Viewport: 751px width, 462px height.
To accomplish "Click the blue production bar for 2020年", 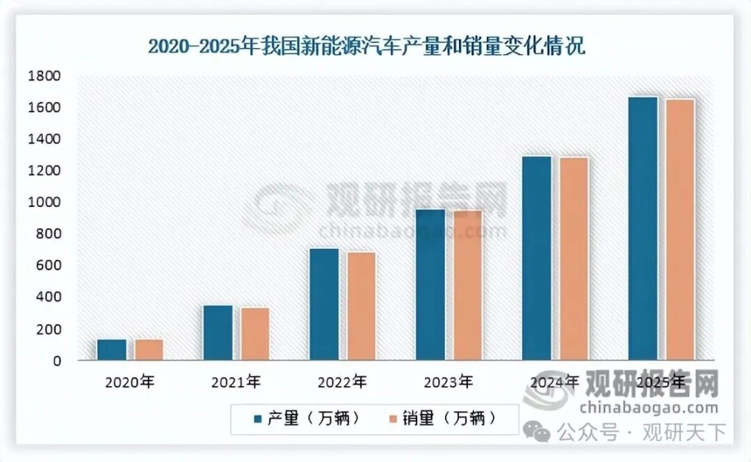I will [112, 349].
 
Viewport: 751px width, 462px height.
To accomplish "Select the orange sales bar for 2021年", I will [255, 333].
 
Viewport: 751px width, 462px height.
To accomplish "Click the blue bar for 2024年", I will [537, 258].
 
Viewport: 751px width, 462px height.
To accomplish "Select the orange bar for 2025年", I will [679, 229].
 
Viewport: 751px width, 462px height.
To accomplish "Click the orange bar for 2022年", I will [361, 306].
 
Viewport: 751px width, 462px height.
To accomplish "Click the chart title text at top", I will [366, 47].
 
